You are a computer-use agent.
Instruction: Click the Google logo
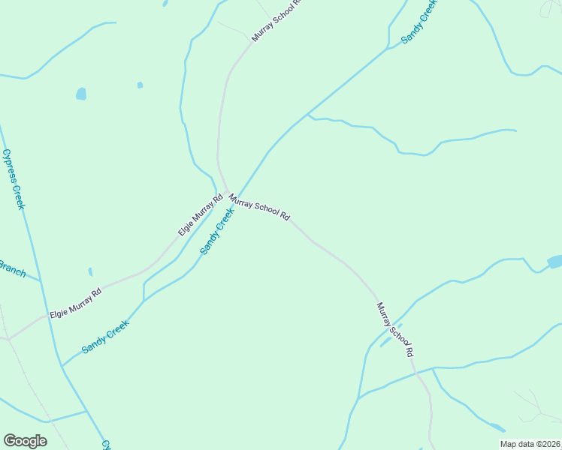25,441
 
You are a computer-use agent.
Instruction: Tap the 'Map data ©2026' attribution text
530,444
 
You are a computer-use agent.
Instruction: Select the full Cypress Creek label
14,178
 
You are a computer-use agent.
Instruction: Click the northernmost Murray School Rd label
276,20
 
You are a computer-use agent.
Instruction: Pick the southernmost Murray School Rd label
395,329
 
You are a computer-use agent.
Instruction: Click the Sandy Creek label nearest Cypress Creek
106,337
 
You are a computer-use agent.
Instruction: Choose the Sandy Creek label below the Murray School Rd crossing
217,231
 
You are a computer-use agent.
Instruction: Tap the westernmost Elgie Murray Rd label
75,303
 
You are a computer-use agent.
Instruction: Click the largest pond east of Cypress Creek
80,94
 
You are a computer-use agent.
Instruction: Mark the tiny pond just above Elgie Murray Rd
90,271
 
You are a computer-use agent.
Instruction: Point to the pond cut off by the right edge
555,262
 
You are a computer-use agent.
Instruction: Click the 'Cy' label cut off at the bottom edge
106,445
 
